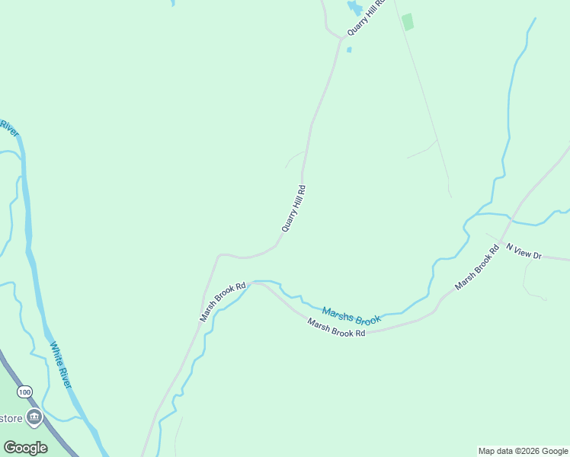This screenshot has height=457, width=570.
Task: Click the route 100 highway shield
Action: click(26, 391)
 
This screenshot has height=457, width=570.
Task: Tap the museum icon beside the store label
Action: click(34, 417)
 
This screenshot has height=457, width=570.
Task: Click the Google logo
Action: click(25, 447)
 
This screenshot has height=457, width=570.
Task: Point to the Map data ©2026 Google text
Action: click(523, 451)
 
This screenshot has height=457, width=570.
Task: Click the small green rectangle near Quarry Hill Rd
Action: click(408, 22)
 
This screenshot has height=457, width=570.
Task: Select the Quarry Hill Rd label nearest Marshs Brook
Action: click(293, 208)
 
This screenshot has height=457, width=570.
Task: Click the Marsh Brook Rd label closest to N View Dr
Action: click(476, 267)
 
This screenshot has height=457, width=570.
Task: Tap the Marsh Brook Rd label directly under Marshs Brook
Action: click(336, 328)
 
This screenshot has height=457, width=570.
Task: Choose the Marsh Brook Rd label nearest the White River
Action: click(223, 302)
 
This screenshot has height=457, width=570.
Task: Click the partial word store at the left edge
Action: click(10, 418)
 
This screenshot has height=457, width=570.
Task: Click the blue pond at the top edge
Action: click(354, 8)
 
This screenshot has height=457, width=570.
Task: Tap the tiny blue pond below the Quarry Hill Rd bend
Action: click(349, 50)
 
